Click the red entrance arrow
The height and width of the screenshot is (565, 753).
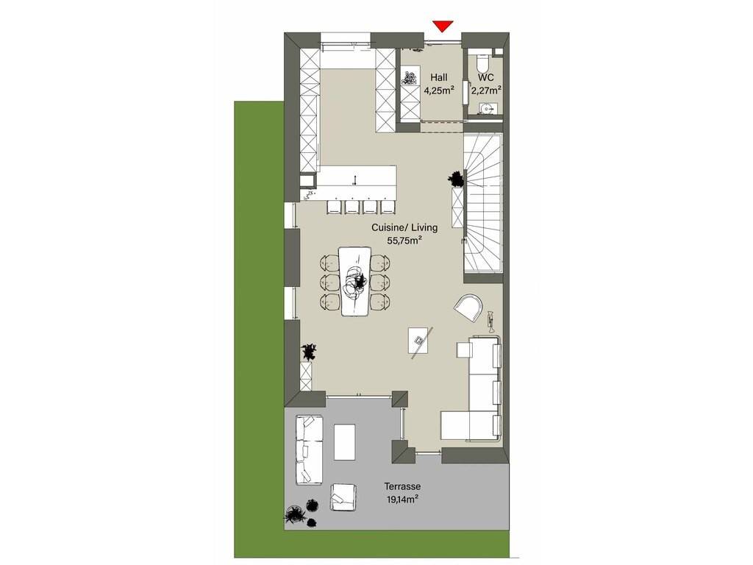443,26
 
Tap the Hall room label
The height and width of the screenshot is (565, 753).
438,78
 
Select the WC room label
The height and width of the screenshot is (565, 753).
485,78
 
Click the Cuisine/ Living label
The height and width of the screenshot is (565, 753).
404,227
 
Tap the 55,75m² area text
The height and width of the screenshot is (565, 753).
404,241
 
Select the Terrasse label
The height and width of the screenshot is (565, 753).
402,486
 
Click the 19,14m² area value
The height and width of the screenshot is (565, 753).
402,500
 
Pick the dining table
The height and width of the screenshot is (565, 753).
355,281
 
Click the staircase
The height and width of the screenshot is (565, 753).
482,205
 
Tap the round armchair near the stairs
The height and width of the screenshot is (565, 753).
468,308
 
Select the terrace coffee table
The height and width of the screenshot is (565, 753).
344,442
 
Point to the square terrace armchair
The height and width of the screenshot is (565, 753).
343,497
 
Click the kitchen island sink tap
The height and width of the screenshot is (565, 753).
355,180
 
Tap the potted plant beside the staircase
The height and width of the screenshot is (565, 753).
457,179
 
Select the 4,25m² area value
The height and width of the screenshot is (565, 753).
439,90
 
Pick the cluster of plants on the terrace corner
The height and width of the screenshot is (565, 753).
302,514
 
